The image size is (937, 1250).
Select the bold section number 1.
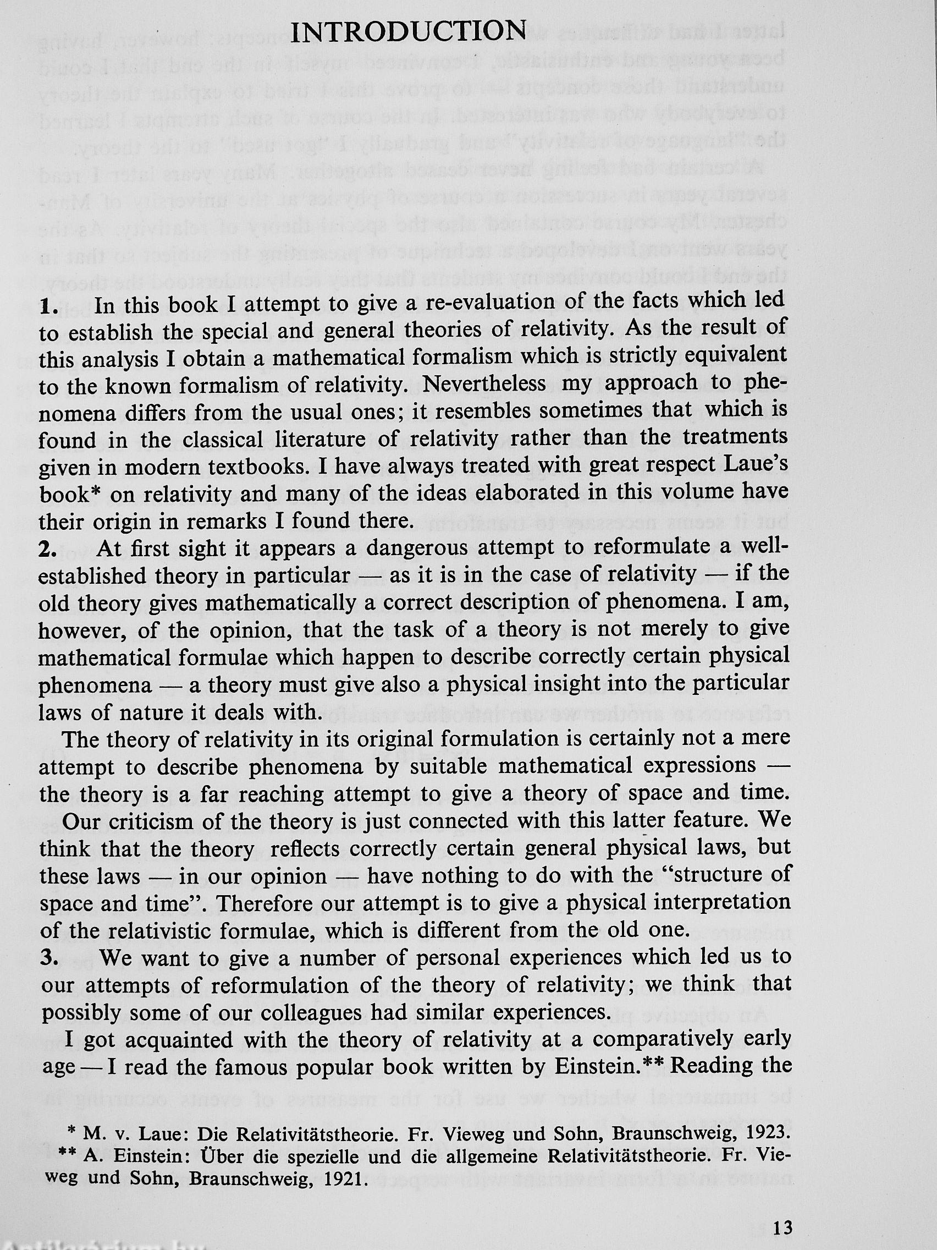49,308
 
